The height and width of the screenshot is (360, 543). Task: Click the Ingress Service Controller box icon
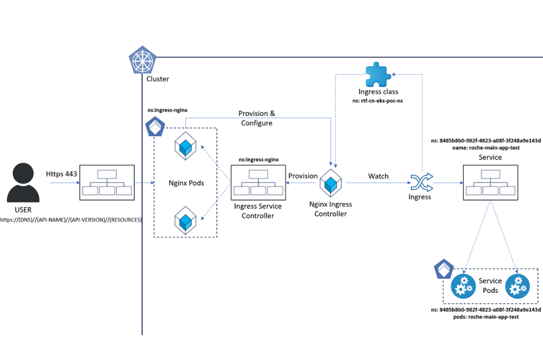pos(257,183)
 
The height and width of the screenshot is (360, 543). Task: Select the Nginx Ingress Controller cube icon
pos(331,183)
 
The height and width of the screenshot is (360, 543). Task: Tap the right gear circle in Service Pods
pos(518,286)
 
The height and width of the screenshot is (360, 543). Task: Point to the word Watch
pos(379,176)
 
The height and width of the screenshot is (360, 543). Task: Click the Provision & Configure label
pos(257,118)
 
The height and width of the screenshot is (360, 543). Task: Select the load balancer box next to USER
pos(106,183)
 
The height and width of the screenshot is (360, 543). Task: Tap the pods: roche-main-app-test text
pos(479,317)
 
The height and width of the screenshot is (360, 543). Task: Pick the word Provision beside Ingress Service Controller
pos(303,176)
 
